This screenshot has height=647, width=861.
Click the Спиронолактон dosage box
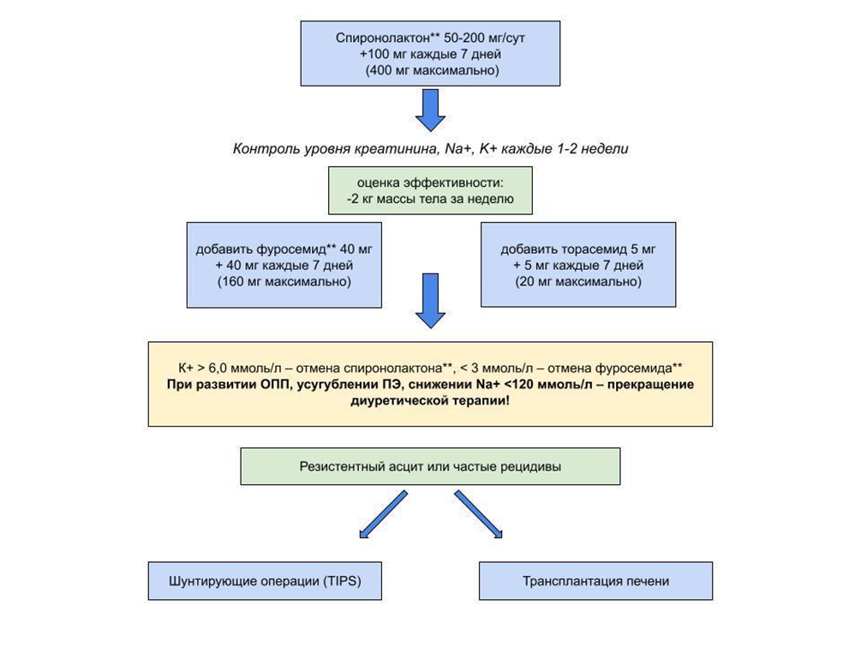tap(430, 53)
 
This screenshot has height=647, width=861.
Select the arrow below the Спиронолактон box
tap(430, 109)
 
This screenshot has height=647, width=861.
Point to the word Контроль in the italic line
tap(264, 148)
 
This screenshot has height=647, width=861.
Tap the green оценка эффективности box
tap(430, 191)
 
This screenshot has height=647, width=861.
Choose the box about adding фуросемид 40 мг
tap(284, 265)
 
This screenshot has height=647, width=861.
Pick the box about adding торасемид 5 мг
tap(578, 265)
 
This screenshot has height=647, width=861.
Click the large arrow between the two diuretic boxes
tap(430, 302)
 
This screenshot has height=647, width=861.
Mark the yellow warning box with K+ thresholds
tap(430, 384)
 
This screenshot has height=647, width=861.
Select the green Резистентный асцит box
tap(430, 467)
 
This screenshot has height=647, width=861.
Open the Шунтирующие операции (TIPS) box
tap(265, 581)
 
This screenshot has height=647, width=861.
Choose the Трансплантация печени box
tap(595, 581)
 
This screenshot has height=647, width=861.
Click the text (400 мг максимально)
tap(431, 70)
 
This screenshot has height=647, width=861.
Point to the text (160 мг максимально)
tap(284, 282)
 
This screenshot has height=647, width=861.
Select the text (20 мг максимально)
tap(578, 282)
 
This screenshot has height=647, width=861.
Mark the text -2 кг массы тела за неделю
tap(430, 200)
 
